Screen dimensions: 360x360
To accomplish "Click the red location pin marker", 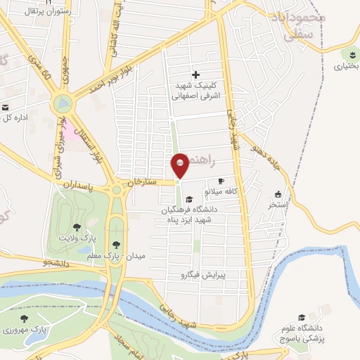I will [180, 165].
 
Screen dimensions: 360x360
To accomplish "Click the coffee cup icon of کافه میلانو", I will [222, 181].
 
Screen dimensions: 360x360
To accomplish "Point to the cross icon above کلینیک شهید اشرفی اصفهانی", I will [195, 75].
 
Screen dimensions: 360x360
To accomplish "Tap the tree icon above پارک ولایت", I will [76, 226].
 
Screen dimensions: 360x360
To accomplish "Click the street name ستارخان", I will [140, 183].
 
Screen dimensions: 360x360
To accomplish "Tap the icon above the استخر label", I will [278, 194].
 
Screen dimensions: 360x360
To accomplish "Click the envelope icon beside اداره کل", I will [6, 108].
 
